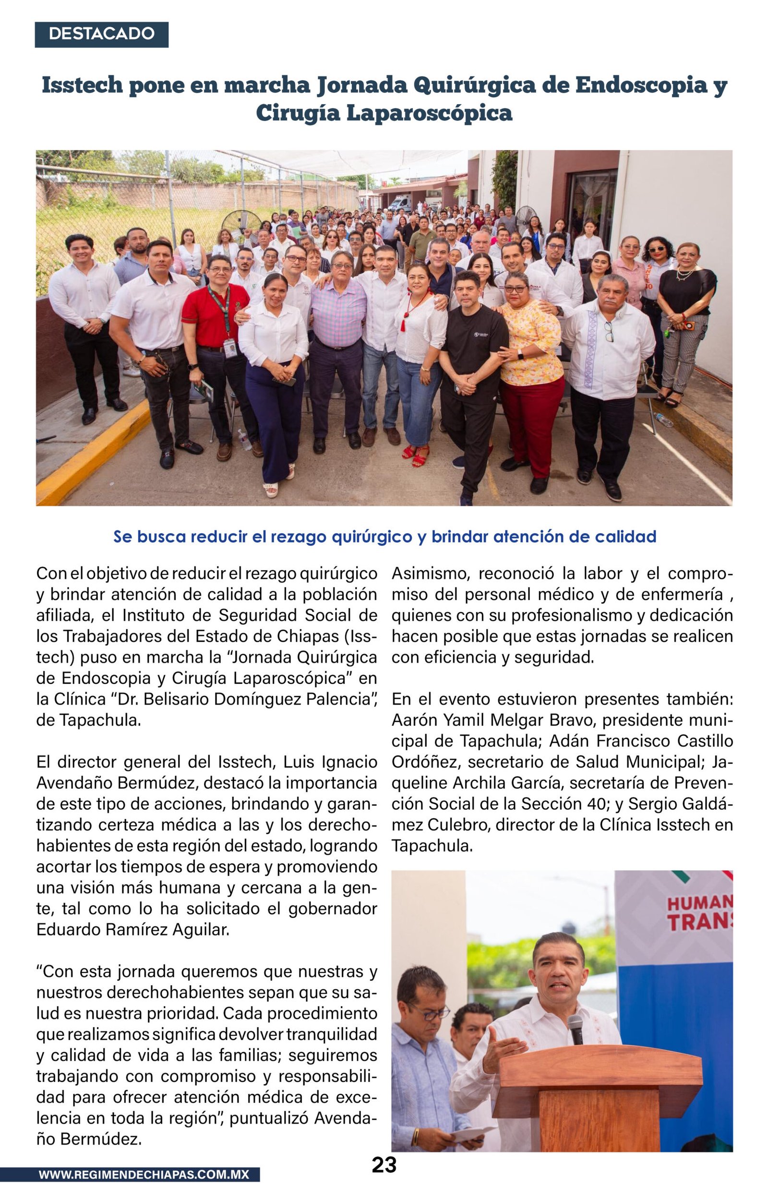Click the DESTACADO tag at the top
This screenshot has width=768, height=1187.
pyautogui.click(x=101, y=34)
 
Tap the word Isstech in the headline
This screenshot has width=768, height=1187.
pyautogui.click(x=82, y=85)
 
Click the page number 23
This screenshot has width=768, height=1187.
pyautogui.click(x=384, y=1164)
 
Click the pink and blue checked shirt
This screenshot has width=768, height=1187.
pyautogui.click(x=338, y=314)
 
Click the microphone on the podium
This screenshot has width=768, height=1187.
pyautogui.click(x=576, y=1029)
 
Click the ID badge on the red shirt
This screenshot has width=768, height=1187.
pyautogui.click(x=230, y=348)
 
